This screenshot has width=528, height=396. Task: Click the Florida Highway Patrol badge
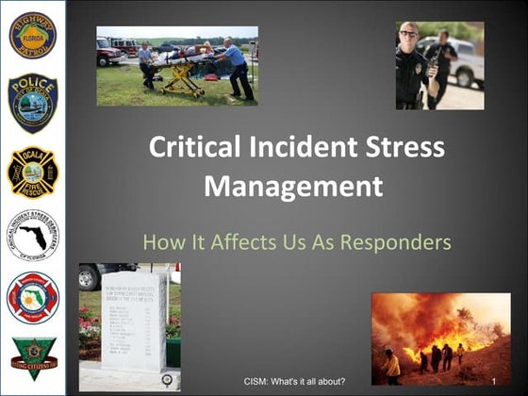pos(33,36)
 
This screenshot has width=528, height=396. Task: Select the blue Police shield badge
pos(33,102)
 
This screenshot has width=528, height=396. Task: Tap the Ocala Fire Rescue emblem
pos(33,171)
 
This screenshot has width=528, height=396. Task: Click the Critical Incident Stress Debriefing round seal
pos(33,234)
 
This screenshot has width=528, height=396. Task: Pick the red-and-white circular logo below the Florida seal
pos(33,298)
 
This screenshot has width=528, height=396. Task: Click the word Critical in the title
pos(194,148)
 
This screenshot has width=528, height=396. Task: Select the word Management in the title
pos(293,186)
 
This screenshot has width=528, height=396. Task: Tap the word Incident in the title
pos(303,148)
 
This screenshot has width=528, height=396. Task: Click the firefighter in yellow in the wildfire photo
pos(390,363)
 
